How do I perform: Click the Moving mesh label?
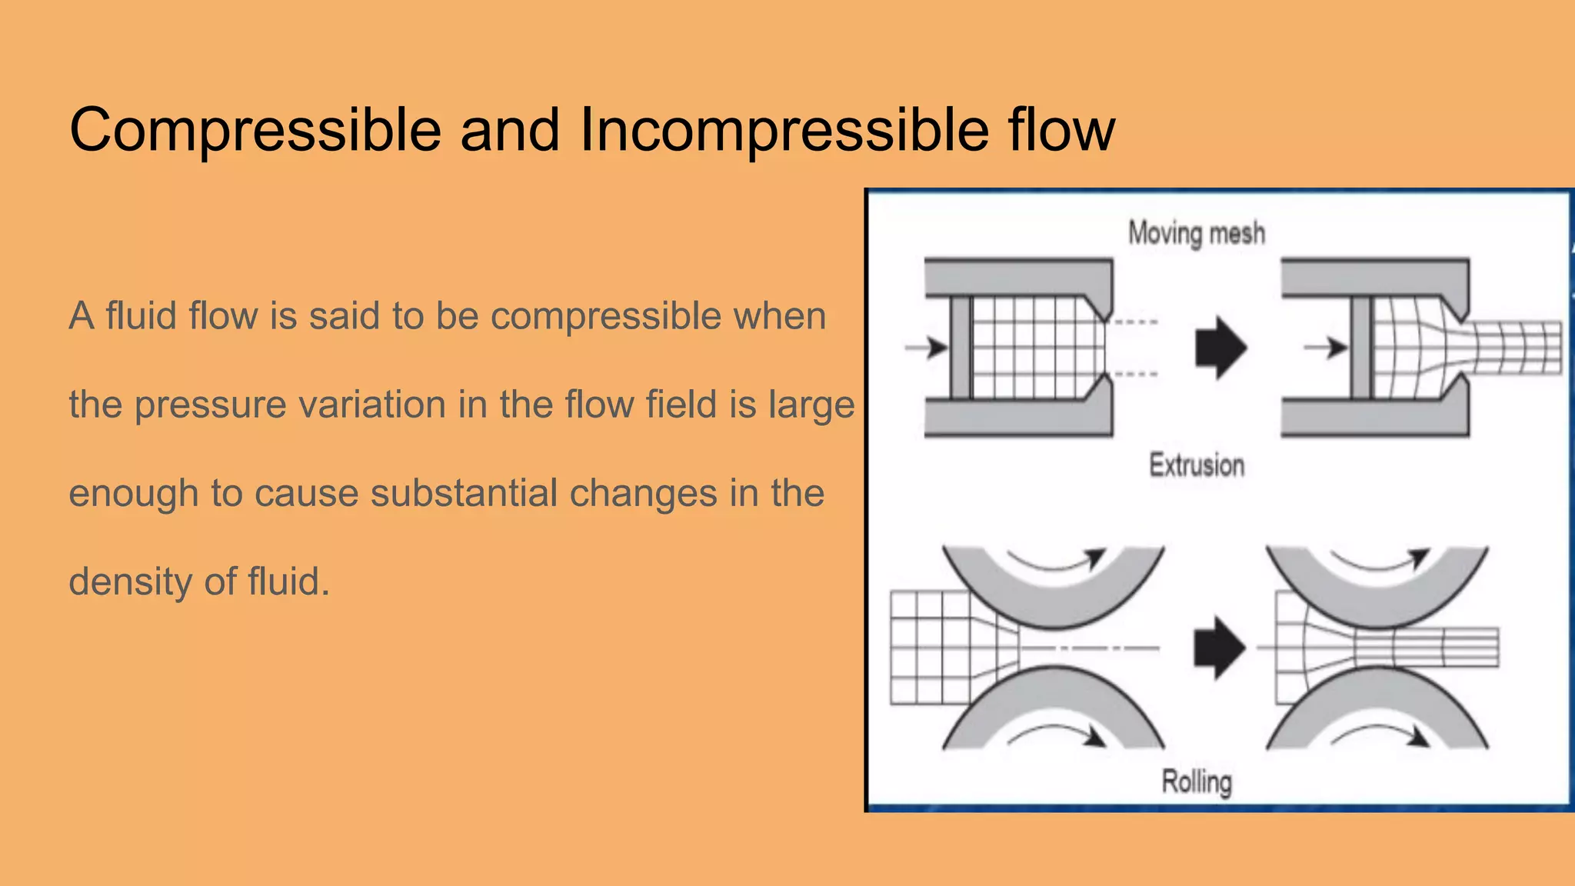1196,233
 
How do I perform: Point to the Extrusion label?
1197,465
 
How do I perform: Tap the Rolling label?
1197,781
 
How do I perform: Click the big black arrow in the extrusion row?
1220,348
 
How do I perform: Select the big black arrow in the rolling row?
1219,648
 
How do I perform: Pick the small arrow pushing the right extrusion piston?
1327,348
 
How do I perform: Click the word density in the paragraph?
130,582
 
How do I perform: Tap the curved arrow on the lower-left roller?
1057,736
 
